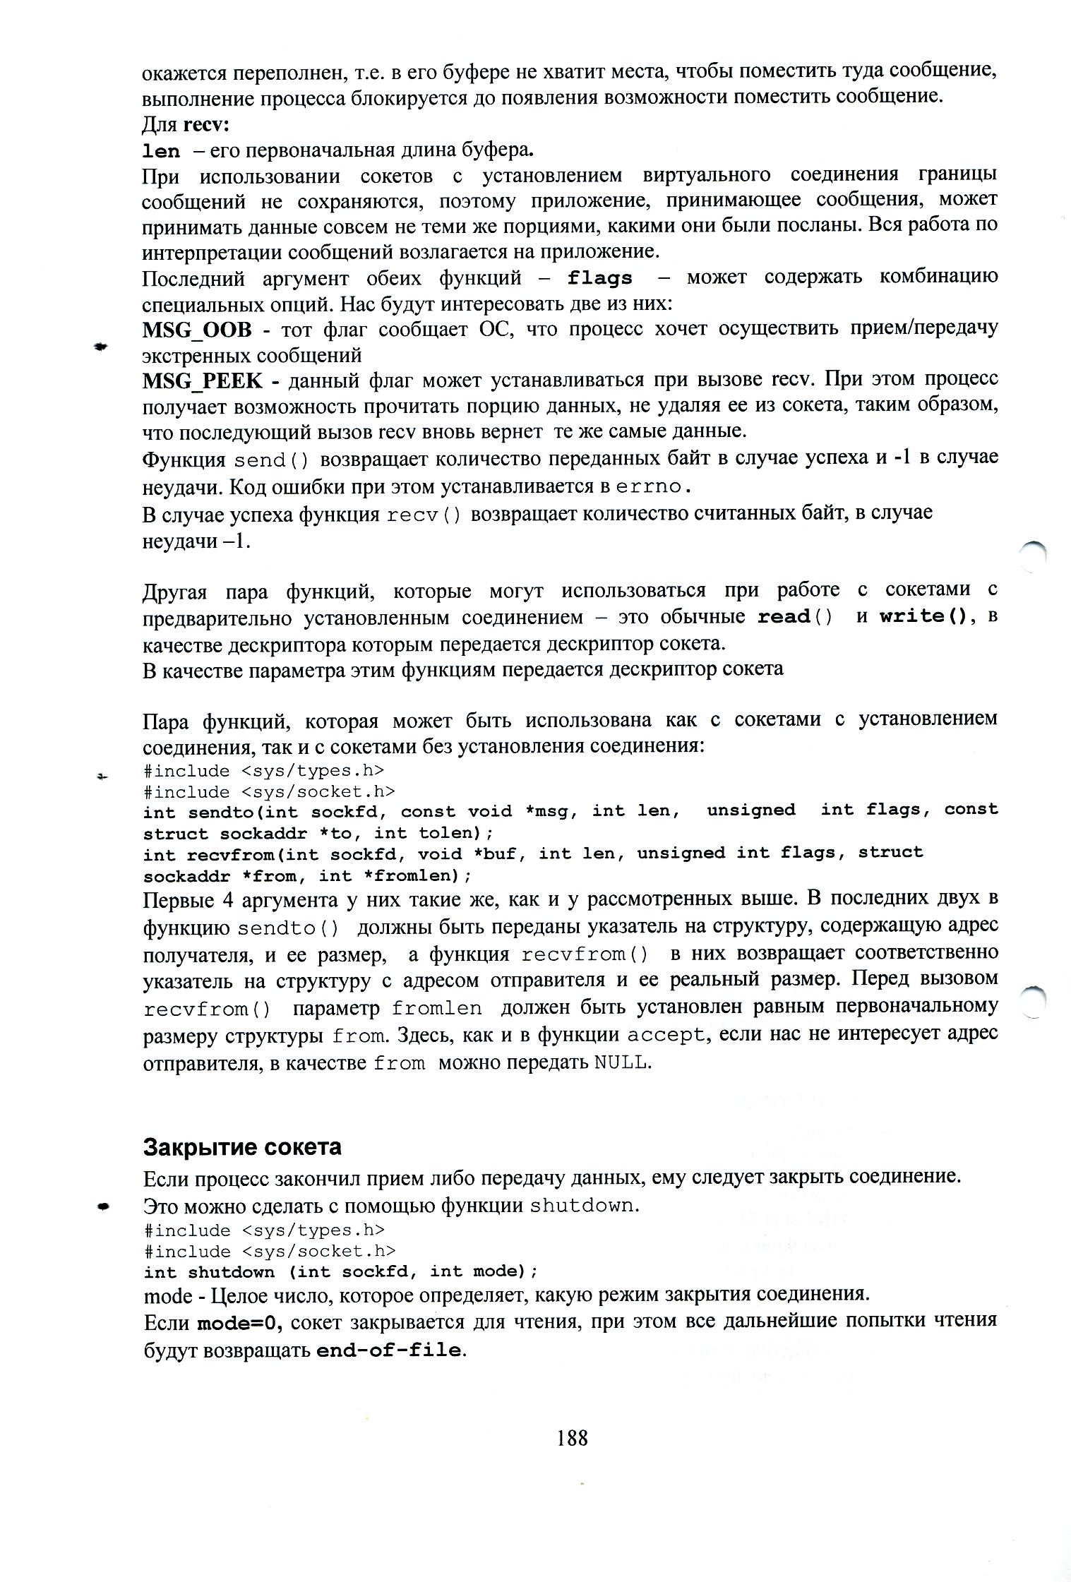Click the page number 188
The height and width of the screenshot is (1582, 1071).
(572, 1437)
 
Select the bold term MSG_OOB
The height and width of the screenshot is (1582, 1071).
(197, 330)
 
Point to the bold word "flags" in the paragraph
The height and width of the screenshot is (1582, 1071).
(600, 278)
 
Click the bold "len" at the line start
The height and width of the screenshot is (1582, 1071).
(161, 151)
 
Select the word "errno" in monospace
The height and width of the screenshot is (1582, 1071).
(649, 487)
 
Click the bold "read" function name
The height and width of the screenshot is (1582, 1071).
(784, 616)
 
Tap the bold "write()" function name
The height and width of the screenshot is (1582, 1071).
(926, 616)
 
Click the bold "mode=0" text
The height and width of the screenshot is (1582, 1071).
(239, 1323)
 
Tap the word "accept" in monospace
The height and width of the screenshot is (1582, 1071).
(666, 1035)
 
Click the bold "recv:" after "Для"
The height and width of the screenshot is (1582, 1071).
(207, 125)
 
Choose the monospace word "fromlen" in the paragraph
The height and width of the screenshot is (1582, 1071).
(437, 1008)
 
